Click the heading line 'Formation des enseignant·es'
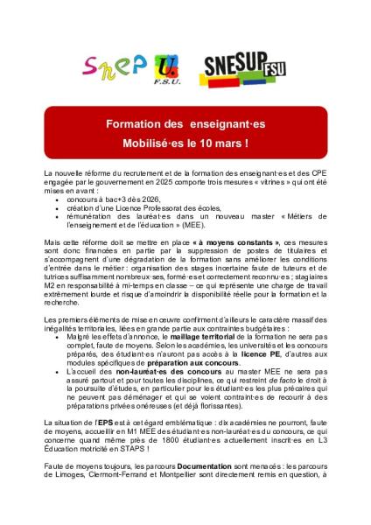(185, 123)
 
